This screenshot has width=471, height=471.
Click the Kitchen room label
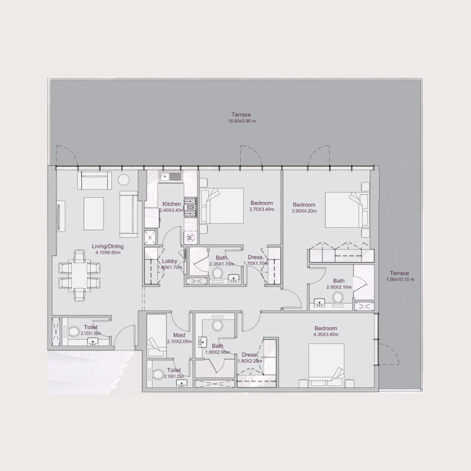[x=172, y=204]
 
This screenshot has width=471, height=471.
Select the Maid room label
[x=180, y=335]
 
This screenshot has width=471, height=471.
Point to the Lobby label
[x=170, y=260]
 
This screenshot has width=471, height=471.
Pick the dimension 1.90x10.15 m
[x=400, y=280]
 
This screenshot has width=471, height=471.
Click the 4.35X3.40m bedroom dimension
[x=325, y=334]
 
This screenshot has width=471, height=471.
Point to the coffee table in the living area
[x=94, y=213]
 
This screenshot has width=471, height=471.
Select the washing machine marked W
[x=190, y=238]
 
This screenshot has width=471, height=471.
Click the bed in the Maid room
[x=156, y=336]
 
